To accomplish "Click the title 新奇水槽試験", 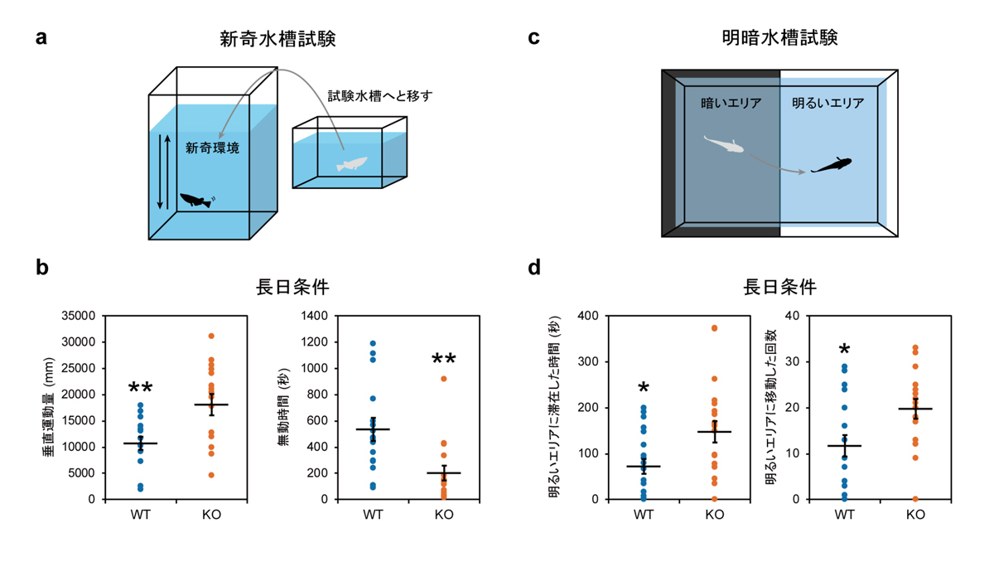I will coord(277,38).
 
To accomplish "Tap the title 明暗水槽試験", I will coord(779,38).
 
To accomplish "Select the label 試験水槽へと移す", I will coord(379,96).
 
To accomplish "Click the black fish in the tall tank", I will coord(196,201).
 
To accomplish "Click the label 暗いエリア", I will coord(729,104).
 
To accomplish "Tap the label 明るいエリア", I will coord(828,104).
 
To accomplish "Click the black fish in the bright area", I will coord(832,165).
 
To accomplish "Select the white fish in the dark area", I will coord(723,145).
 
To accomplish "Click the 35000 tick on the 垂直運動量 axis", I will coord(80,316).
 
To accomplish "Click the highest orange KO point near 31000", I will coord(211,336).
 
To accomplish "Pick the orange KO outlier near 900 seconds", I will coord(444,379).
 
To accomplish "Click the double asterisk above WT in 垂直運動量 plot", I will coord(140,389).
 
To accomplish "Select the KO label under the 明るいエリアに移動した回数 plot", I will coord(915,515).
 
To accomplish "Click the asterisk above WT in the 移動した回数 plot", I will coord(844,350).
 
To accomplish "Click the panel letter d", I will coord(534,267).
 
